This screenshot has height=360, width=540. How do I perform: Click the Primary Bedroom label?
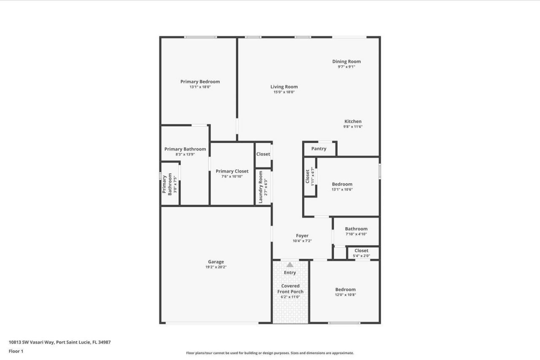[x=200, y=82]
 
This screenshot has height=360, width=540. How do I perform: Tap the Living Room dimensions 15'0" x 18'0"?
[x=284, y=92]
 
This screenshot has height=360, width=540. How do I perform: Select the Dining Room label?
[x=346, y=62]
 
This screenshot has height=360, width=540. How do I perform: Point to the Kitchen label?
[x=353, y=121]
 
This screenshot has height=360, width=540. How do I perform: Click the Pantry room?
[x=319, y=149]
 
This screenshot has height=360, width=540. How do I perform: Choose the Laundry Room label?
[x=261, y=187]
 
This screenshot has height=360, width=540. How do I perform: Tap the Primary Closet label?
[x=232, y=171]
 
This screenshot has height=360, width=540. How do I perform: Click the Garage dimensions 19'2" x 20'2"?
[x=216, y=267]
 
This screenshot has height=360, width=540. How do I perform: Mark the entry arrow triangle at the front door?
[x=290, y=265]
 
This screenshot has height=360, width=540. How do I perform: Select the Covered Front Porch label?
[x=290, y=289]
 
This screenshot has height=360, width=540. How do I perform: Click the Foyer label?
[x=302, y=236]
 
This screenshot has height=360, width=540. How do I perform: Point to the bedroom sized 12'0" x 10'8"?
[x=345, y=292]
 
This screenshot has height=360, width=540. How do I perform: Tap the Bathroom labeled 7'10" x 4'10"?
[x=356, y=231]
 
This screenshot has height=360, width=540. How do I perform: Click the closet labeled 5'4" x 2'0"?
[x=361, y=253]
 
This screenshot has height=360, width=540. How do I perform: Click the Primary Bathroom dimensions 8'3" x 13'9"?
[x=185, y=154]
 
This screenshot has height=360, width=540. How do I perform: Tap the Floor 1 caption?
[x=16, y=351]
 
